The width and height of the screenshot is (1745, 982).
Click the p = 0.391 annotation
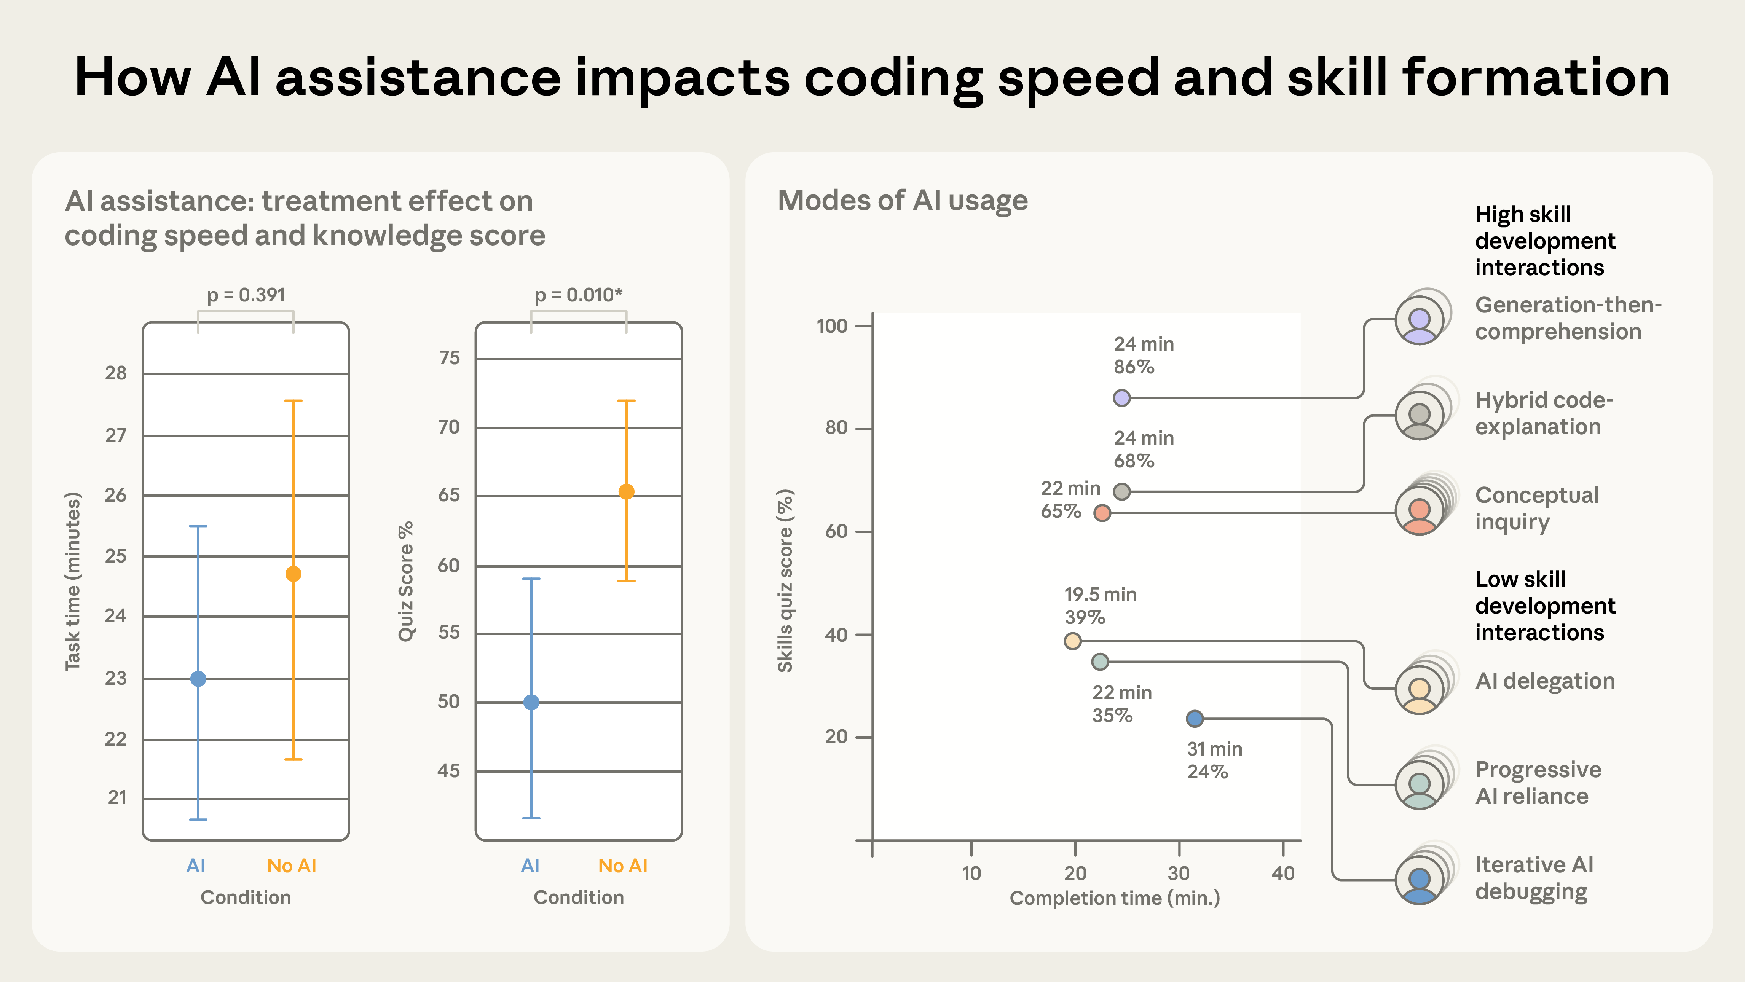(x=246, y=295)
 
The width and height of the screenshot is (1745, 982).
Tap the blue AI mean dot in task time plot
(x=198, y=679)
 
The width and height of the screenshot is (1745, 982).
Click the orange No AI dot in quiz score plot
(x=626, y=492)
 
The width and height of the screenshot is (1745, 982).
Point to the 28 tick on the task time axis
(x=116, y=373)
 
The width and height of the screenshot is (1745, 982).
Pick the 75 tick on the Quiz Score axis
(x=449, y=358)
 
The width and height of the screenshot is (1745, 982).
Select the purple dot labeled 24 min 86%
(x=1122, y=398)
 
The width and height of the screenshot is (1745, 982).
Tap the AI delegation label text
(x=1544, y=681)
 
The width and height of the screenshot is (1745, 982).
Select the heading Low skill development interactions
(x=1544, y=606)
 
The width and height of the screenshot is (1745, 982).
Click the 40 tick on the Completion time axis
(x=1283, y=874)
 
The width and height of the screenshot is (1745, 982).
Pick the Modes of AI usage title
(x=902, y=201)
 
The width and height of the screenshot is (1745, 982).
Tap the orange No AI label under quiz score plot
(x=622, y=866)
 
